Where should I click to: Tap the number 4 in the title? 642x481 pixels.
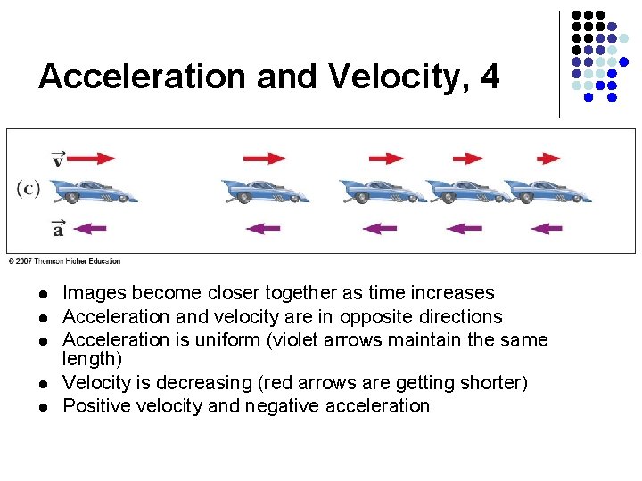click(x=490, y=77)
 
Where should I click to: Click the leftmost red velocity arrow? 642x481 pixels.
click(x=92, y=159)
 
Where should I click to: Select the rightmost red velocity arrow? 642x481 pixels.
click(x=547, y=159)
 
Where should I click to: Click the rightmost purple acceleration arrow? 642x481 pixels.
click(x=546, y=228)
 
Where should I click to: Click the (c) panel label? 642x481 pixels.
click(x=29, y=188)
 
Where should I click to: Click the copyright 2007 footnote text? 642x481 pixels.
click(x=64, y=261)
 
